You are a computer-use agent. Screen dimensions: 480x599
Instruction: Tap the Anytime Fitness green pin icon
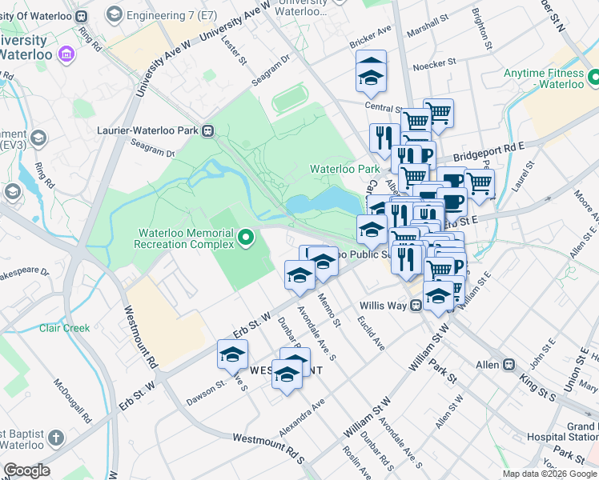pyautogui.click(x=594, y=78)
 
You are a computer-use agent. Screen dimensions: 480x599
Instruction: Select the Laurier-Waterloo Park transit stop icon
pyautogui.click(x=207, y=130)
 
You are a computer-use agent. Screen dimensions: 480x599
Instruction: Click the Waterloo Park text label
pyautogui.click(x=344, y=169)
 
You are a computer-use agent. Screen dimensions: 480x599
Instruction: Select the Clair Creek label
pyautogui.click(x=65, y=327)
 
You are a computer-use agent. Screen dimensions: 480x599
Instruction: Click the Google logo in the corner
pyautogui.click(x=26, y=470)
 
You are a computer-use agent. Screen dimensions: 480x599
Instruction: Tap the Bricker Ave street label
pyautogui.click(x=373, y=31)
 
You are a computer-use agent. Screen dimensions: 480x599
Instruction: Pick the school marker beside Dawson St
pyautogui.click(x=232, y=355)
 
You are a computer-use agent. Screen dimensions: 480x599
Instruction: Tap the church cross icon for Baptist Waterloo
pyautogui.click(x=55, y=438)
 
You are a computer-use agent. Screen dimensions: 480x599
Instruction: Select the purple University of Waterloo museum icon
pyautogui.click(x=66, y=55)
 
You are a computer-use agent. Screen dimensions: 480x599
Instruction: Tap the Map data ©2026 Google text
pyautogui.click(x=549, y=474)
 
